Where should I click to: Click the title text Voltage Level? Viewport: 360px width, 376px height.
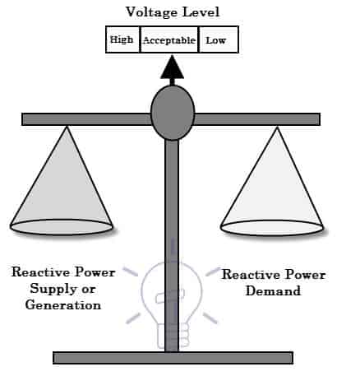[172, 12]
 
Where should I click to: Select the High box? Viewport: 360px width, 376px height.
[122, 39]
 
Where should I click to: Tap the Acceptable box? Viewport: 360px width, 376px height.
[168, 39]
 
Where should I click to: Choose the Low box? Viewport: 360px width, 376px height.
[216, 39]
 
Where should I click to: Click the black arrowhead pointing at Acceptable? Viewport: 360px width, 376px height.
[172, 67]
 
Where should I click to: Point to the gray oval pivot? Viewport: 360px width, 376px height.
[173, 113]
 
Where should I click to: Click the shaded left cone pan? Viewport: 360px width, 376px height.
[62, 185]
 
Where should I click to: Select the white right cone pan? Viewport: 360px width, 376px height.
[270, 185]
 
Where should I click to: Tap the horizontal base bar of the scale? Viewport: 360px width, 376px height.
[173, 357]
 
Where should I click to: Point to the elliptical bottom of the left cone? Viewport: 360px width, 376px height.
[62, 223]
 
